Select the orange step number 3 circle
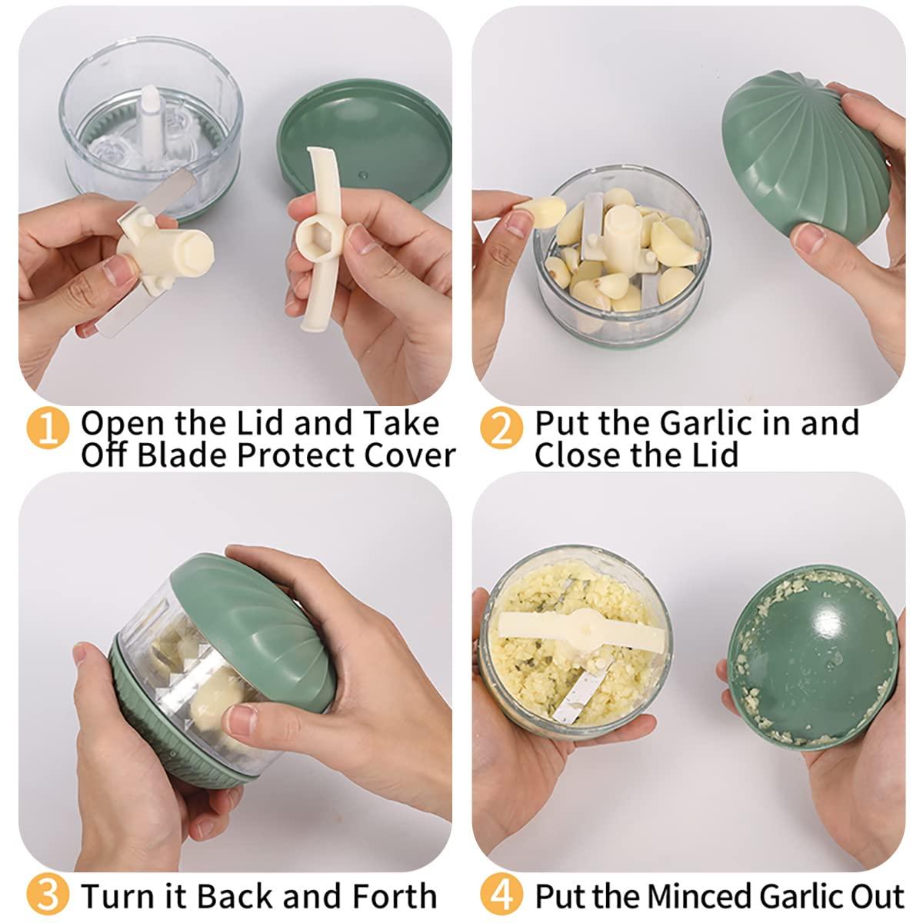[48, 896]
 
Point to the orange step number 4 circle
[500, 896]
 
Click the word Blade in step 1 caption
[182, 455]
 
